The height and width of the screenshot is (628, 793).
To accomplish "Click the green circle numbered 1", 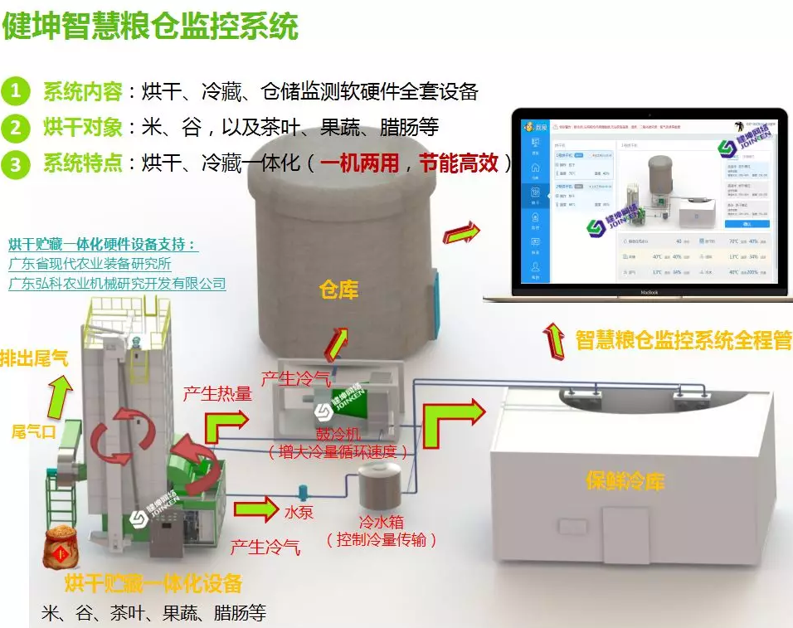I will click(16, 90).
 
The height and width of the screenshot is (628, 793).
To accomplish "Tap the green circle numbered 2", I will click(16, 128).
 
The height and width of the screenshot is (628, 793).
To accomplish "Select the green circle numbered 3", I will click(16, 163).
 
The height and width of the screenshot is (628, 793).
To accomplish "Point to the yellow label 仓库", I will click(339, 290).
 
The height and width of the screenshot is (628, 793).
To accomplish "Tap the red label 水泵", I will click(299, 512).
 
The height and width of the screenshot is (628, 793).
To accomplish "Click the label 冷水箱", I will click(382, 523).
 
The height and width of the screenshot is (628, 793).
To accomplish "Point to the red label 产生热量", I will click(217, 393).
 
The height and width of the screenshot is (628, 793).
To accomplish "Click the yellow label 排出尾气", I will click(34, 359).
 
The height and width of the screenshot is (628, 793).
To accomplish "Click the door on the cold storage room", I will click(625, 535).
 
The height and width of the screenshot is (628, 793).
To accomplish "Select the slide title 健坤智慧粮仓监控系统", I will click(149, 27).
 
